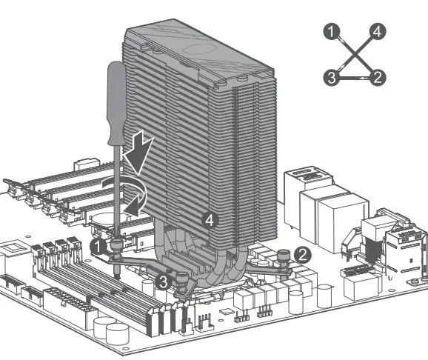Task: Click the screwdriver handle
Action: [x=116, y=103]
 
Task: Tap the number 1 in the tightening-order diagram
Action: [x=332, y=31]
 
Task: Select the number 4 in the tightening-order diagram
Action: [x=378, y=31]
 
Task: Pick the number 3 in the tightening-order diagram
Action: [x=332, y=78]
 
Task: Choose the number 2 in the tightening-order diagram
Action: [x=378, y=78]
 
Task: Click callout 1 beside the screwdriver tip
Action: [x=98, y=247]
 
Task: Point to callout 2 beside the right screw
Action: [x=303, y=255]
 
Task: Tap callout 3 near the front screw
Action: [x=164, y=281]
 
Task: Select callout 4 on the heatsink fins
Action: [x=210, y=220]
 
